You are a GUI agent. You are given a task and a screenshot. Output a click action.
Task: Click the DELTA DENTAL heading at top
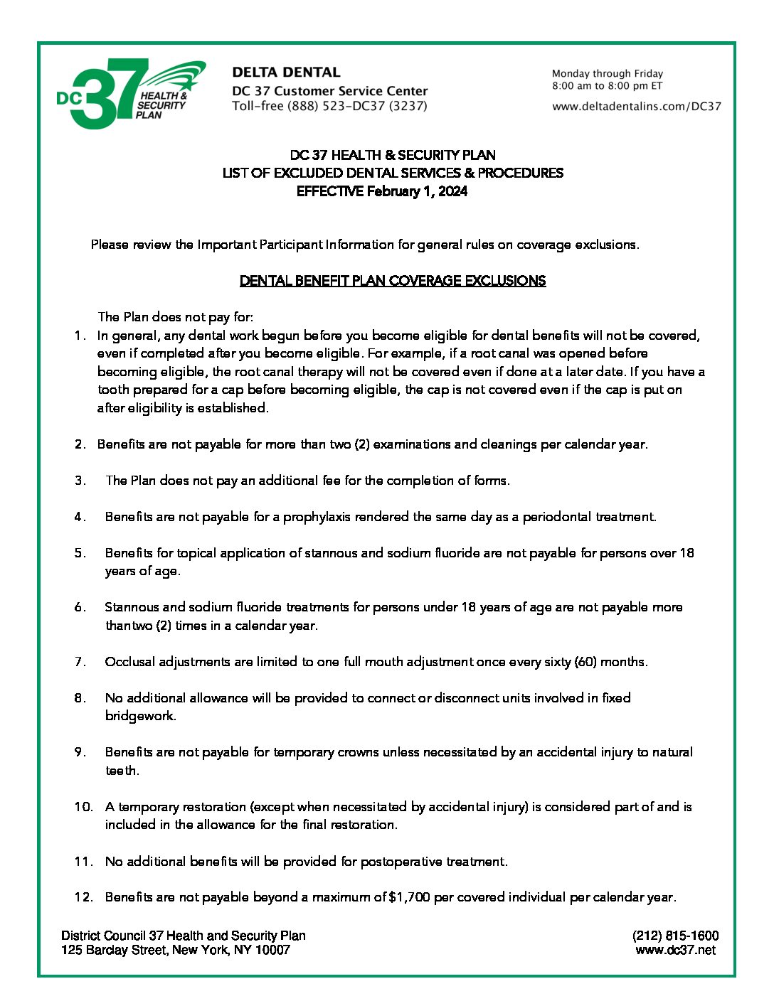coord(286,73)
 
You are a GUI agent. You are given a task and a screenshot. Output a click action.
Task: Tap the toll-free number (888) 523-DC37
coord(329,106)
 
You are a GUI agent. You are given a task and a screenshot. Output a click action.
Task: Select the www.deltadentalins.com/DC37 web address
coord(636,107)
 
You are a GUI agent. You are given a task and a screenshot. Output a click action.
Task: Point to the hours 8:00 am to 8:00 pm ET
coord(607,86)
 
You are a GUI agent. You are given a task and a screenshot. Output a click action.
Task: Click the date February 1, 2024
coord(417,191)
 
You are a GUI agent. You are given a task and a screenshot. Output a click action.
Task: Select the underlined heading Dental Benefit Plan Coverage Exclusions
coord(393,281)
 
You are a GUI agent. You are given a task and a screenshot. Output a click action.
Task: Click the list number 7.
coord(80,662)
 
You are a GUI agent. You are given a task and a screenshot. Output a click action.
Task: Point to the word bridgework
coord(139,716)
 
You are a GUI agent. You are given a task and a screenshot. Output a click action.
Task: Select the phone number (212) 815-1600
coord(675,936)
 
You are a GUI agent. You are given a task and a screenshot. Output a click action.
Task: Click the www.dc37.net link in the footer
coord(675,950)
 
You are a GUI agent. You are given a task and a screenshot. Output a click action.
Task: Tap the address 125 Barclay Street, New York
coord(175,950)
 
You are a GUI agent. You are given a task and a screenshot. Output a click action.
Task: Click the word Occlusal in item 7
coord(129,662)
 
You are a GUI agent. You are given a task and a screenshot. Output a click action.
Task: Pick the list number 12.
coord(83,897)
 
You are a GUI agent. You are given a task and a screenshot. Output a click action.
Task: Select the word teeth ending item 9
coord(121,771)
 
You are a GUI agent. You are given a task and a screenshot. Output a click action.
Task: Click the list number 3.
coord(80,481)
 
